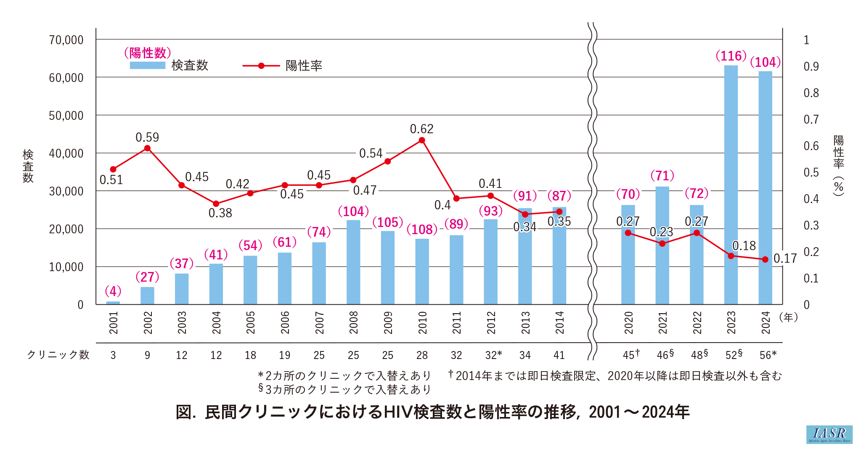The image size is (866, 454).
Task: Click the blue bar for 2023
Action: pyautogui.click(x=731, y=185)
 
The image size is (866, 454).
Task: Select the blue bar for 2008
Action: pyautogui.click(x=353, y=262)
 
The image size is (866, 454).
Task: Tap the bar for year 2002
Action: pyautogui.click(x=147, y=296)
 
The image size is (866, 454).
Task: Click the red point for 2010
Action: pyautogui.click(x=422, y=140)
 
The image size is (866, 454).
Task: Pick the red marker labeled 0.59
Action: pyautogui.click(x=147, y=148)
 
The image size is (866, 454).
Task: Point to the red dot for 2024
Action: pyautogui.click(x=765, y=259)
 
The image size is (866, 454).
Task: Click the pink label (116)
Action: pyautogui.click(x=731, y=56)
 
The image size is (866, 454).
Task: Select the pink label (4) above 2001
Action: pyautogui.click(x=113, y=291)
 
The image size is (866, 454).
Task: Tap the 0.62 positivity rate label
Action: pyautogui.click(x=422, y=129)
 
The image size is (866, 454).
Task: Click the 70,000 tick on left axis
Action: pyautogui.click(x=66, y=40)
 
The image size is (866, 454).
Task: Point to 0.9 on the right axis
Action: pyautogui.click(x=811, y=66)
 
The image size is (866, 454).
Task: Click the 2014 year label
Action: pyautogui.click(x=559, y=323)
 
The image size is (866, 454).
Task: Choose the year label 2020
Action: pyautogui.click(x=628, y=323)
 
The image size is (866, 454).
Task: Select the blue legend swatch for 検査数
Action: pyautogui.click(x=148, y=66)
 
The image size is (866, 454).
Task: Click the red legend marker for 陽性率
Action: pyautogui.click(x=261, y=66)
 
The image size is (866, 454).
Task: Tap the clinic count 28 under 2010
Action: pyautogui.click(x=422, y=355)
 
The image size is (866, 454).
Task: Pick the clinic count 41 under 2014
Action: pyautogui.click(x=559, y=355)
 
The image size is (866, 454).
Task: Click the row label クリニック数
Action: pyautogui.click(x=58, y=355)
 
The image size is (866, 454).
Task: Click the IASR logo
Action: pyautogui.click(x=829, y=434)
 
